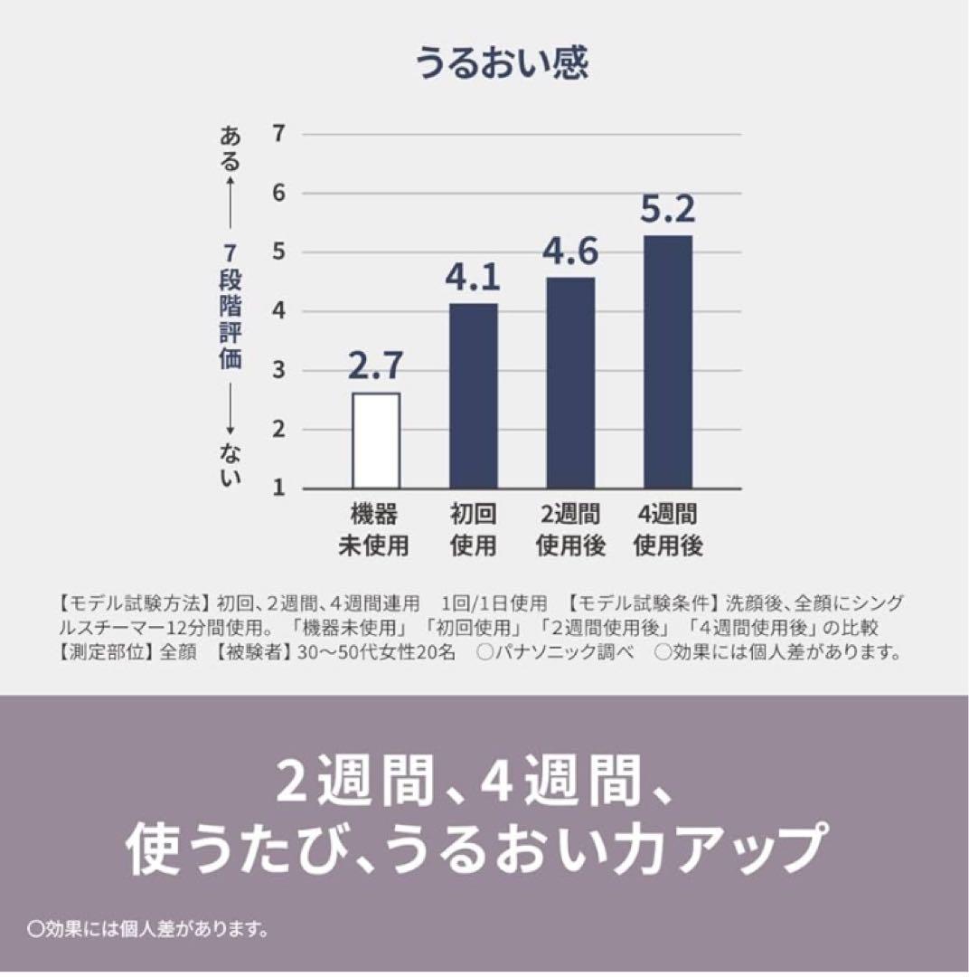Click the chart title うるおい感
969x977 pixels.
[x=502, y=65]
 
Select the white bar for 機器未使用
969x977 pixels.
[x=376, y=441]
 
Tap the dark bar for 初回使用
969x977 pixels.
[x=473, y=395]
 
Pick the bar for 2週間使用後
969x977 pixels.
[x=570, y=383]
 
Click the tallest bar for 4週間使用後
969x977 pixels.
[x=667, y=362]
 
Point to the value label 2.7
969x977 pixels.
[x=376, y=368]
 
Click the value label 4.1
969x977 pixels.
[x=473, y=278]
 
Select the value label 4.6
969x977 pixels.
[x=570, y=251]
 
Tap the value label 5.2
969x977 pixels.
[x=667, y=210]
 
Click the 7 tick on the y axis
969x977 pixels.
[x=278, y=134]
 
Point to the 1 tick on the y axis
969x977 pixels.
[x=278, y=488]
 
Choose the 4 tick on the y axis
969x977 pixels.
[x=278, y=311]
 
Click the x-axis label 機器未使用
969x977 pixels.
[x=374, y=530]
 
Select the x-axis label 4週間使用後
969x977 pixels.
[x=668, y=530]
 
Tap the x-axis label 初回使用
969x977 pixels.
[x=473, y=530]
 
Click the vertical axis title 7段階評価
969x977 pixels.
[x=230, y=308]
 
